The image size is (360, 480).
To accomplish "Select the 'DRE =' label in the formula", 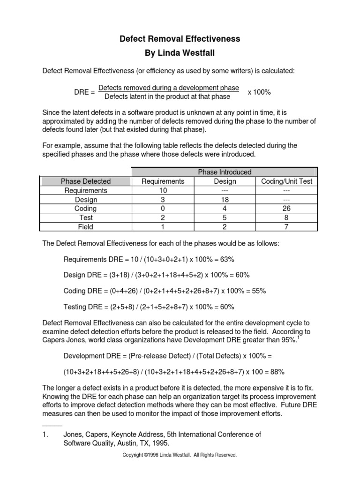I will tap(84, 92).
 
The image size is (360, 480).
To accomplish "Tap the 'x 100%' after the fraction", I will tap(259, 92).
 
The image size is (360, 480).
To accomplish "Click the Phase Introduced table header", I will tap(225, 172).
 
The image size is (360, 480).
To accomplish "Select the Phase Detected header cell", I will tap(86, 181).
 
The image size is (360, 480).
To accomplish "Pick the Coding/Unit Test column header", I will tap(286, 181).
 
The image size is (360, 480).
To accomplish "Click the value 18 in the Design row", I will tap(225, 200).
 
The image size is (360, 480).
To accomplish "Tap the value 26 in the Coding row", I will tap(286, 209).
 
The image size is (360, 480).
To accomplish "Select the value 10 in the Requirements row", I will tap(163, 190).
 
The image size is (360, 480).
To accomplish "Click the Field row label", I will tap(86, 227).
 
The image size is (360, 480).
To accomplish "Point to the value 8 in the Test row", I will tap(286, 218).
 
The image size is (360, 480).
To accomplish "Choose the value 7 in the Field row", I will tap(286, 227).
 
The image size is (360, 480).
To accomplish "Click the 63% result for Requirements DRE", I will tap(227, 259).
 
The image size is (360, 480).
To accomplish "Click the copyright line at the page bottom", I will tap(180, 455).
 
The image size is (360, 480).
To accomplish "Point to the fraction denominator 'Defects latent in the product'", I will tap(167, 97).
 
